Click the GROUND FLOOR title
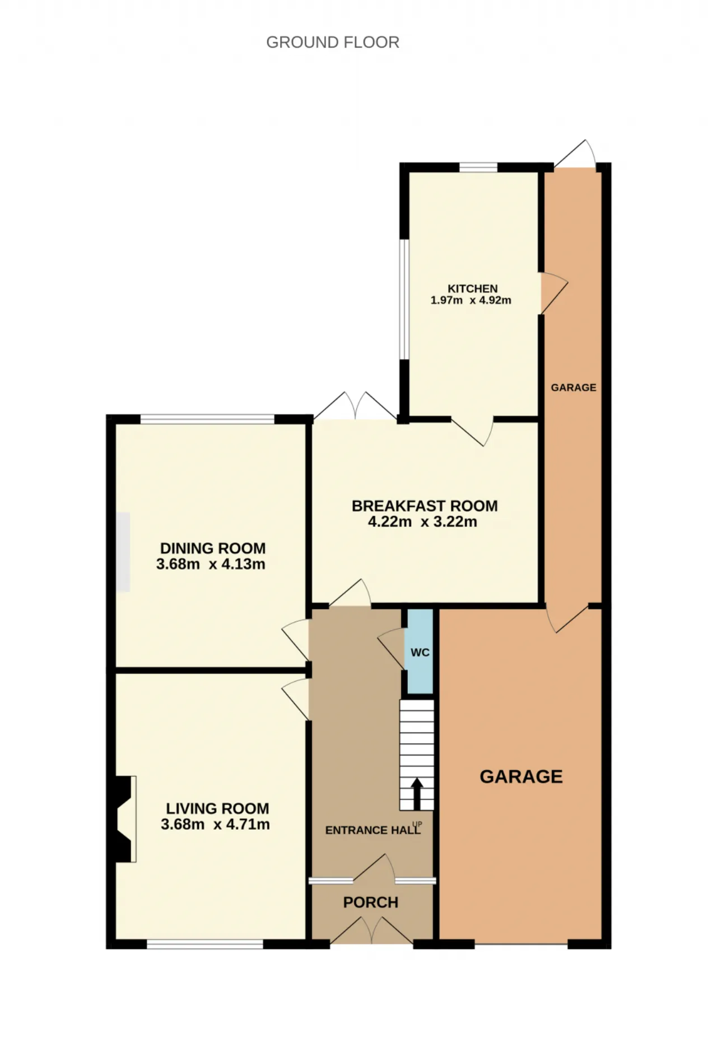(x=333, y=43)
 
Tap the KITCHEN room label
(x=472, y=289)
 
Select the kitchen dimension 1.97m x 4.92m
(x=471, y=300)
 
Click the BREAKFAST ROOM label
(x=425, y=506)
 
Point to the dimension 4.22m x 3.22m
(x=422, y=522)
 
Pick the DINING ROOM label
(x=213, y=548)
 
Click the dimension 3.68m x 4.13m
(x=211, y=564)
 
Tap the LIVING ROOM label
(x=217, y=808)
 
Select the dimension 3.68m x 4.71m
(x=215, y=824)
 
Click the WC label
(x=420, y=653)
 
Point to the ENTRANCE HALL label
(x=373, y=830)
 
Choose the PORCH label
(x=371, y=903)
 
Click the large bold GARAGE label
(x=521, y=776)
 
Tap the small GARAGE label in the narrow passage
(x=574, y=387)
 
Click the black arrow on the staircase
(x=417, y=794)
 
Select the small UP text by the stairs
(x=417, y=824)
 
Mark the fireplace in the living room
(x=122, y=818)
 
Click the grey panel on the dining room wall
(x=123, y=552)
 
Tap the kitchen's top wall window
(x=478, y=167)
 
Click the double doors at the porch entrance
(x=372, y=931)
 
